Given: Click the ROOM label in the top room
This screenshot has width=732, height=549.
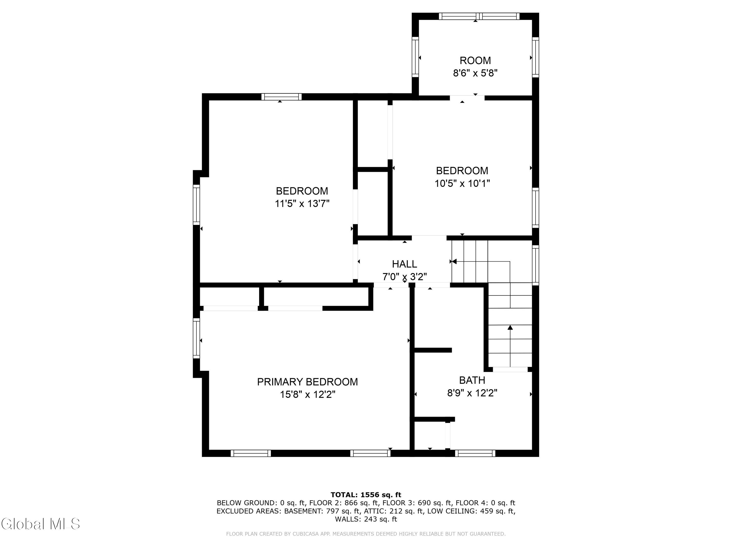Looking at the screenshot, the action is click(475, 61).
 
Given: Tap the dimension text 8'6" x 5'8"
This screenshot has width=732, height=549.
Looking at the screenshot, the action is click(475, 73).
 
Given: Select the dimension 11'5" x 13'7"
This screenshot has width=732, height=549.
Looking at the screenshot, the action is click(302, 203).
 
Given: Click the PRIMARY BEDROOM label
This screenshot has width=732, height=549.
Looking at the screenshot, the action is click(307, 382).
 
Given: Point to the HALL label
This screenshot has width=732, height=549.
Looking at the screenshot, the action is click(404, 264).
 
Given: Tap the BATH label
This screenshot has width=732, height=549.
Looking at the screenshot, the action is click(472, 380).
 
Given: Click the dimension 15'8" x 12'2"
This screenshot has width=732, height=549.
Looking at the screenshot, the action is click(308, 395).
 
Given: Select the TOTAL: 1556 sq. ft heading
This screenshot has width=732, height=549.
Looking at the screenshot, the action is click(366, 495).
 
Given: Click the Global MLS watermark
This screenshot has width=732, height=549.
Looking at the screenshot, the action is click(40, 524).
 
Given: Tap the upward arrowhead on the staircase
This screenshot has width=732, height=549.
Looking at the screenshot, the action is click(510, 327).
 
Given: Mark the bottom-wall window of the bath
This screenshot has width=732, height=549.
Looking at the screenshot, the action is click(475, 453).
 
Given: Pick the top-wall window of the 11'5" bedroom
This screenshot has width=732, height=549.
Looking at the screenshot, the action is click(282, 97).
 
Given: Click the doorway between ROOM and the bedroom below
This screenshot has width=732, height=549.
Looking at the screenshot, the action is click(467, 98).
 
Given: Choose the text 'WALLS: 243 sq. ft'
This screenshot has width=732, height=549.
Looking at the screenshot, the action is click(366, 519).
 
